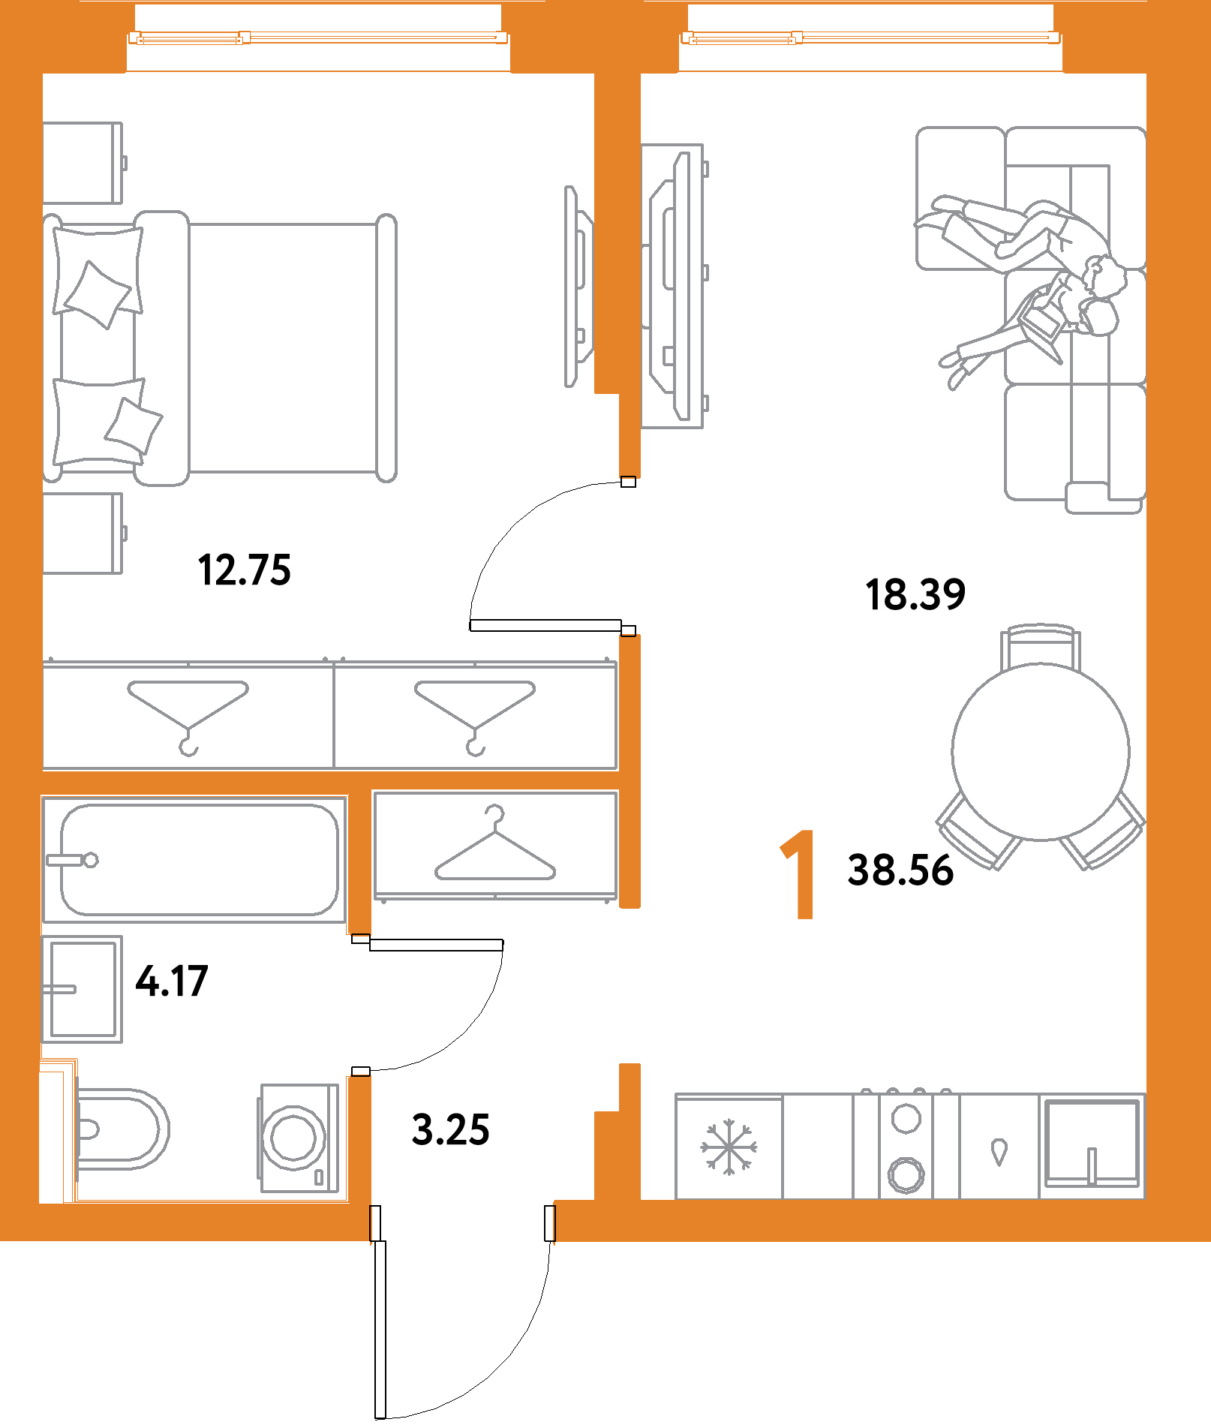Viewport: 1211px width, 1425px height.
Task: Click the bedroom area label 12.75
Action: pyautogui.click(x=244, y=570)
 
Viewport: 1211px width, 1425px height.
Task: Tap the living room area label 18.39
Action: pyautogui.click(x=915, y=594)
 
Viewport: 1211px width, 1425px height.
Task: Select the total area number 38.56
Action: pyautogui.click(x=900, y=870)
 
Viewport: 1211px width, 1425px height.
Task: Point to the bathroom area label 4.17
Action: pyautogui.click(x=171, y=982)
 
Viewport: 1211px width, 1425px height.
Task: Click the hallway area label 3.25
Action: pyautogui.click(x=451, y=1130)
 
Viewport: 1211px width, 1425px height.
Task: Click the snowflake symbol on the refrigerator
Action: pyautogui.click(x=729, y=1147)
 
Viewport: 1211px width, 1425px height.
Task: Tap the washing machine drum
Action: pyautogui.click(x=293, y=1138)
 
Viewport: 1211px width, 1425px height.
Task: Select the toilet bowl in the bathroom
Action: pyautogui.click(x=120, y=1129)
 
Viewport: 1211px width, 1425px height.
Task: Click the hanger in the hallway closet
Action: pyautogui.click(x=495, y=848)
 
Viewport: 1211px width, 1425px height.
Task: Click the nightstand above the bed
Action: pyautogui.click(x=83, y=163)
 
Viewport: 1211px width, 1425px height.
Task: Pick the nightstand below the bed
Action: pyautogui.click(x=83, y=534)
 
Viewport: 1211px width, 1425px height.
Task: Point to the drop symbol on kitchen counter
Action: pyautogui.click(x=999, y=1152)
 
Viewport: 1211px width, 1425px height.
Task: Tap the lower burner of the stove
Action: pyautogui.click(x=906, y=1174)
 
